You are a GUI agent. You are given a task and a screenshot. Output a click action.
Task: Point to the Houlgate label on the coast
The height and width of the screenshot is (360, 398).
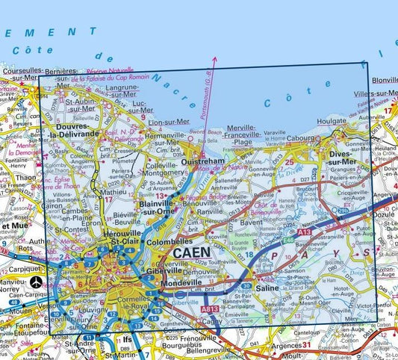332,120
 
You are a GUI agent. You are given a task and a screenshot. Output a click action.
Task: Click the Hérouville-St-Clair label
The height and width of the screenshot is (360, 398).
125,238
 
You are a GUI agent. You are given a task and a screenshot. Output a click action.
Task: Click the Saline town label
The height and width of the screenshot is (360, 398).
266,288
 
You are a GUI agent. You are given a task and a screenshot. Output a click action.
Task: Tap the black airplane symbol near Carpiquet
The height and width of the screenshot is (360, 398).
37,282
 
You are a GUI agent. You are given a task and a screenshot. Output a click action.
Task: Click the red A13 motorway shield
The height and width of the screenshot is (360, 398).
304,233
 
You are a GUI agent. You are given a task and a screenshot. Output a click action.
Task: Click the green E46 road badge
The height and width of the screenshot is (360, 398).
287,242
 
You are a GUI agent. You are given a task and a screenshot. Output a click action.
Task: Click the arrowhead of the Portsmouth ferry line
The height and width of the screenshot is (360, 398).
214,58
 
